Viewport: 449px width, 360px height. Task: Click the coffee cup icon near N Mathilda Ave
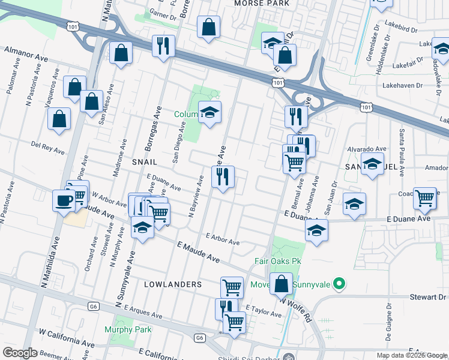click(63, 201)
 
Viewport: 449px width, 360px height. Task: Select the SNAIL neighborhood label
click(144, 162)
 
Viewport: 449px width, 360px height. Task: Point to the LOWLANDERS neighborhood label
click(172, 284)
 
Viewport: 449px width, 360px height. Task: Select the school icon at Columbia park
click(209, 112)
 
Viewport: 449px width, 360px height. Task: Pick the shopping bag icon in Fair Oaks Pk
click(282, 284)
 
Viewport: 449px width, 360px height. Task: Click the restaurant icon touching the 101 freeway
click(163, 46)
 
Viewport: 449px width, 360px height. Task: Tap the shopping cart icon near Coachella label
click(424, 198)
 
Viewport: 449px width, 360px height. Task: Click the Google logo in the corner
click(20, 353)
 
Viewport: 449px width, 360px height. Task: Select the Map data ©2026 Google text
click(411, 355)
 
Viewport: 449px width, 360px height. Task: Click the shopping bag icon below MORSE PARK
click(208, 27)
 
